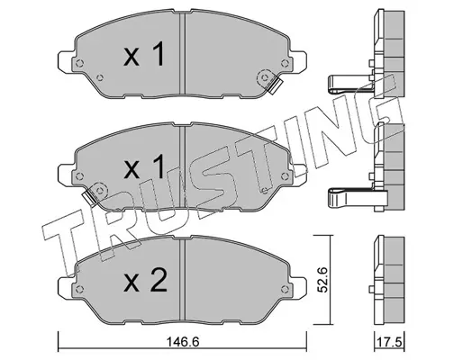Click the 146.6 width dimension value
pos(183,342)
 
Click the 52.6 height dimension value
pos(323,279)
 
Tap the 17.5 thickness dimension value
pos(390,342)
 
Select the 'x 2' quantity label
pos(145,280)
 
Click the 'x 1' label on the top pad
pos(143,54)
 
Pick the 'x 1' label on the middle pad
pos(144,166)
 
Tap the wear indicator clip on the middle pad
pos(89,198)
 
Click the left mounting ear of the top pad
pos(65,62)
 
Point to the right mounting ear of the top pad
pos(298,61)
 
